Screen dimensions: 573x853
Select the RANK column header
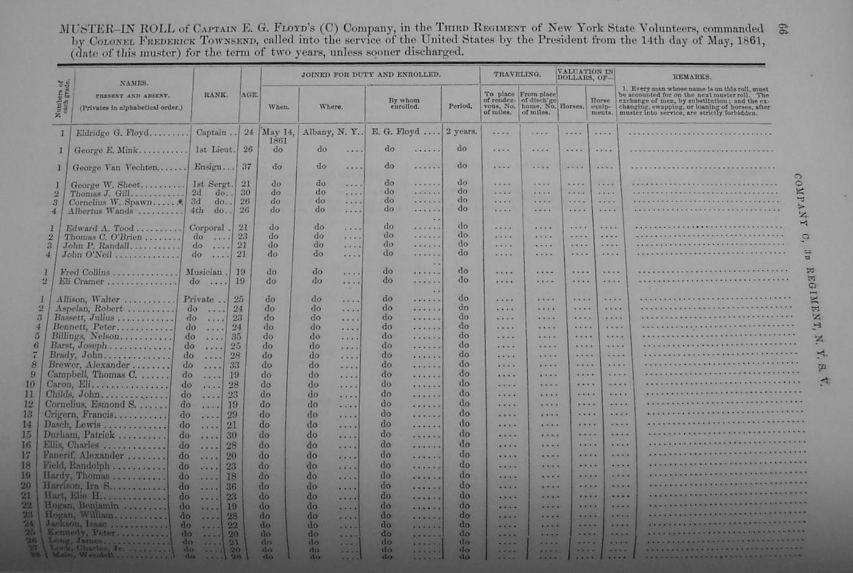(x=216, y=95)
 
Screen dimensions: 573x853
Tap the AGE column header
(x=250, y=95)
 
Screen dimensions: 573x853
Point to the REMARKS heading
(x=692, y=77)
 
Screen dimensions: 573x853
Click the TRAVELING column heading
(x=517, y=74)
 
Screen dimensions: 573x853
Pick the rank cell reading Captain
(x=211, y=132)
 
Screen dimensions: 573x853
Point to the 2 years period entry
(x=461, y=131)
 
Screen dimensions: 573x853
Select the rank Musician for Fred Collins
(x=204, y=272)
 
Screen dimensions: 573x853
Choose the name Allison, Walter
(x=88, y=299)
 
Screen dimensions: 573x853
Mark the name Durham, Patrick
(x=79, y=435)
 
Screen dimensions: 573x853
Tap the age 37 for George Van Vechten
(x=249, y=166)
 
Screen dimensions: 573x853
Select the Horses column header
(x=572, y=106)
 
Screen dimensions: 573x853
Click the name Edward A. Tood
(x=99, y=228)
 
